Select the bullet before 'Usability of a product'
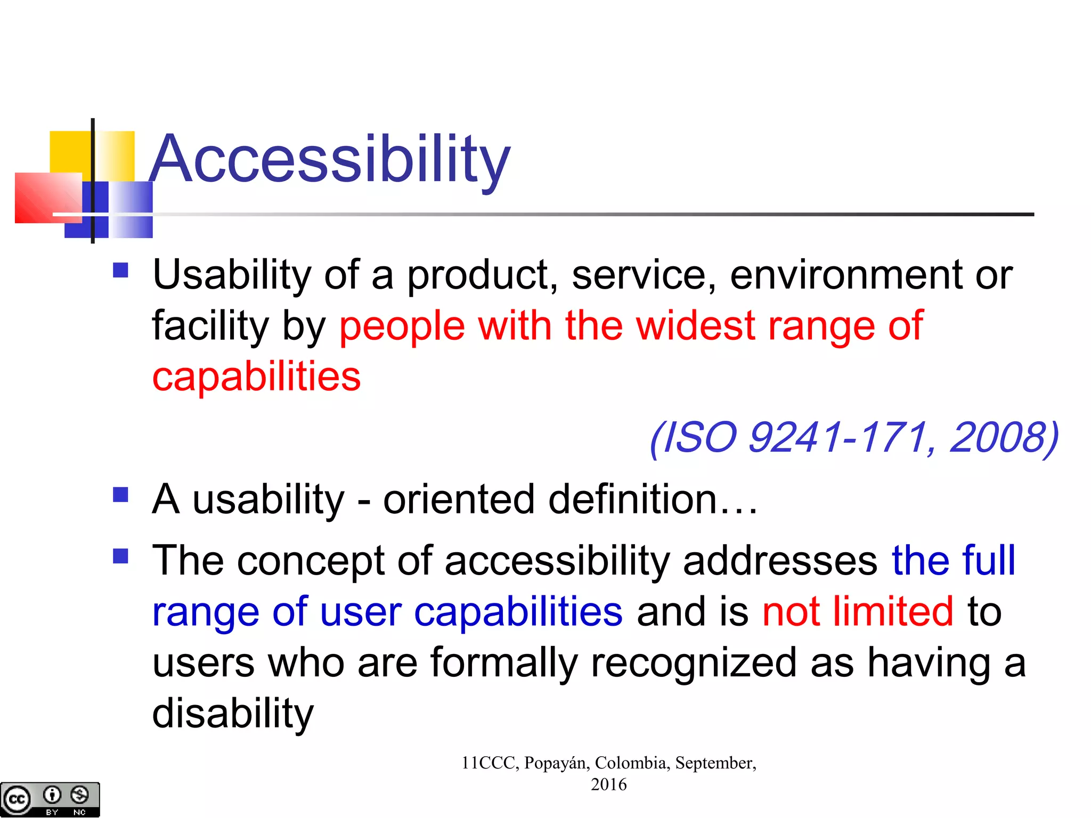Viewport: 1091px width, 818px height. tap(121, 271)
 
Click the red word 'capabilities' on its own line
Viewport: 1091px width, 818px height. tap(256, 377)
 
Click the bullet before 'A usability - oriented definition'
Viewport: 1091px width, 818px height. tap(121, 495)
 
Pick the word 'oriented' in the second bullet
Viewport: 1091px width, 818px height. tap(459, 500)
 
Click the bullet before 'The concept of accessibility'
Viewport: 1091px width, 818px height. tap(121, 557)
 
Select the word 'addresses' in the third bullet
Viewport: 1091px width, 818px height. tap(780, 561)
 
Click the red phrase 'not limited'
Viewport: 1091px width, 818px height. tap(857, 612)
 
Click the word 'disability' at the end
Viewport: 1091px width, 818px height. tap(233, 714)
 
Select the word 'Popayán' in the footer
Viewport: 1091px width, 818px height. tap(556, 763)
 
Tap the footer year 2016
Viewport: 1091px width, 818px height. tap(608, 784)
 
